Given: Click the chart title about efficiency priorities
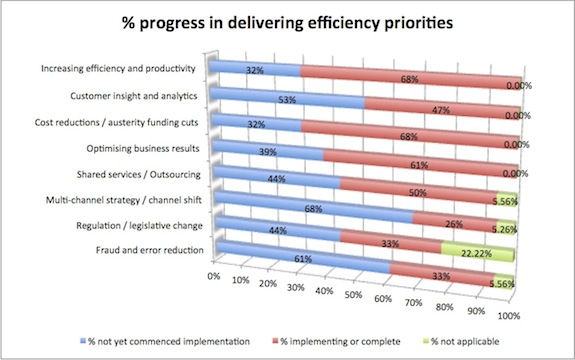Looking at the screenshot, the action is point(288,23).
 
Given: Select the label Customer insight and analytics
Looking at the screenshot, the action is point(134,96).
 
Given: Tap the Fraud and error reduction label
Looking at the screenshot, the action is point(150,250).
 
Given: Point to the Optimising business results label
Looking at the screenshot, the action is point(143,148).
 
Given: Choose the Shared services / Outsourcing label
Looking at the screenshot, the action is point(139,175).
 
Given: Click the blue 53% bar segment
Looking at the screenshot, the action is point(288,99).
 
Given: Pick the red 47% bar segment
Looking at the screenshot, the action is point(442,109).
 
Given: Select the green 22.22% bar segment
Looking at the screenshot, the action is point(478,253).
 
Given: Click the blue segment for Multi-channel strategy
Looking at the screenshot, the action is point(314,207).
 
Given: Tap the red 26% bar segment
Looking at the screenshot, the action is point(455,223).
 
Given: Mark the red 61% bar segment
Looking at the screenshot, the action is point(421,164).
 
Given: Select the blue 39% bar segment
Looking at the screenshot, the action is point(268,150).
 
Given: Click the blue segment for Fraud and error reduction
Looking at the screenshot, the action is point(303,258).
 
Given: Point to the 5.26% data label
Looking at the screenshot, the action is point(505,229).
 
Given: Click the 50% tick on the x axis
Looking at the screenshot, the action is point(353,295).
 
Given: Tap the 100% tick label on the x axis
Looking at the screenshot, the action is point(509,315).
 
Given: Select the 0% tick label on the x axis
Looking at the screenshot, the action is point(213,276).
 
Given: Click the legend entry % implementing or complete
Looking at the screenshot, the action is point(336,341).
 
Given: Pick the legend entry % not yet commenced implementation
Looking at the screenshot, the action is point(165,341).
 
